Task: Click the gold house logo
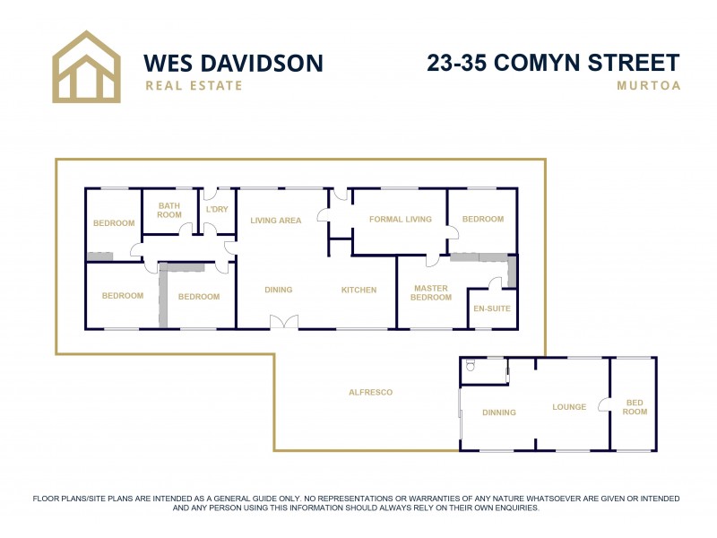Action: (85, 66)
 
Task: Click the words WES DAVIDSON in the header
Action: (233, 63)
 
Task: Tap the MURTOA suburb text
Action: (648, 86)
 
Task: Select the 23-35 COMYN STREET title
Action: (553, 63)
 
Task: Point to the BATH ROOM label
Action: (169, 210)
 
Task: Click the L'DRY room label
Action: (218, 209)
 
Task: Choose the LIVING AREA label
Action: (275, 220)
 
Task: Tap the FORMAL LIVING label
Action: (401, 219)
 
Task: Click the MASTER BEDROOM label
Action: (431, 292)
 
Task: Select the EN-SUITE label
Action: (492, 308)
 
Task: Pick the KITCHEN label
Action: (358, 290)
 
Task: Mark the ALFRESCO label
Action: (370, 392)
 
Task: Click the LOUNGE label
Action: (569, 407)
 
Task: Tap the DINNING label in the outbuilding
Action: (499, 412)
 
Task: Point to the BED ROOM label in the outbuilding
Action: (635, 407)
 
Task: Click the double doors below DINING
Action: (284, 322)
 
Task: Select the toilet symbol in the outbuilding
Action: (470, 366)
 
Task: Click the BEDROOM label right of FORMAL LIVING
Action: (482, 219)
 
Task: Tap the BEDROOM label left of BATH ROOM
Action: (114, 223)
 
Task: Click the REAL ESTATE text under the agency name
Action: (194, 86)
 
